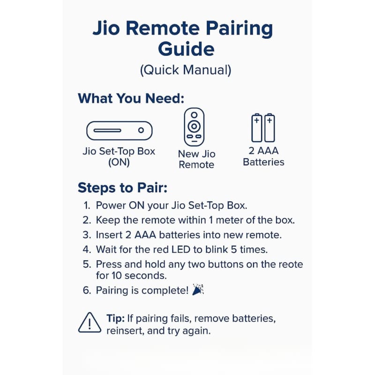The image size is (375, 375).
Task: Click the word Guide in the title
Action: click(x=186, y=49)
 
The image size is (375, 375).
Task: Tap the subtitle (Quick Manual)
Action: click(x=186, y=70)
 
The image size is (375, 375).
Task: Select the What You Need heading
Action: click(x=131, y=98)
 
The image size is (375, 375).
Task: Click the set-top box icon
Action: click(x=120, y=131)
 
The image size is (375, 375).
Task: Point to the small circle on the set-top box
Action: click(x=141, y=130)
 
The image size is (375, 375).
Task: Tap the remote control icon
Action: click(x=194, y=127)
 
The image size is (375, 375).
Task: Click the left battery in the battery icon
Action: click(x=256, y=127)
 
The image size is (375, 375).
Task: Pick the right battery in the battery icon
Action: click(x=270, y=127)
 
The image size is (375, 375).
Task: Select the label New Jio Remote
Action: click(x=196, y=159)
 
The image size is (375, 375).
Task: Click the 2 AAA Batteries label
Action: click(x=263, y=157)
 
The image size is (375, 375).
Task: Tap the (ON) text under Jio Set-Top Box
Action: click(x=119, y=163)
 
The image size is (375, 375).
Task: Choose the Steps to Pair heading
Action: click(x=122, y=188)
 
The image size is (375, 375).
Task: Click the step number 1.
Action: click(x=87, y=205)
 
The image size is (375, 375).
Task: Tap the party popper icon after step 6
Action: click(x=198, y=289)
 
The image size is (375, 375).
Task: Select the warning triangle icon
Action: click(x=90, y=322)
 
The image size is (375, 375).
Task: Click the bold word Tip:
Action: click(x=115, y=319)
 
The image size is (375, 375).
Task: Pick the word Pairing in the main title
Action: click(x=239, y=29)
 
